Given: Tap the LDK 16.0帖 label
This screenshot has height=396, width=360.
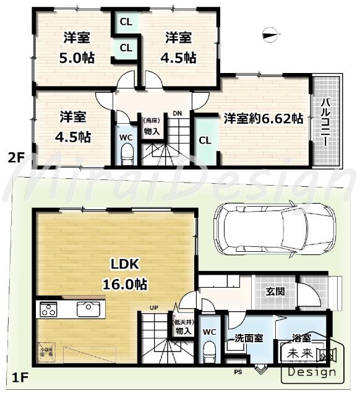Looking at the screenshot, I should tap(128, 275).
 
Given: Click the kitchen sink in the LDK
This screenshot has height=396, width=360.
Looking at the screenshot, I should tap(87, 309).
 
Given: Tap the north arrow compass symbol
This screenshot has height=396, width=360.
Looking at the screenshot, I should tap(268, 35).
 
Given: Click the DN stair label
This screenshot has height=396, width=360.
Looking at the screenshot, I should tap(177, 113).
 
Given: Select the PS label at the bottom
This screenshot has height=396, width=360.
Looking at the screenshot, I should tap(237, 372).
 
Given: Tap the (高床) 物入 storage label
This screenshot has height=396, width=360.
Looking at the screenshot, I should tap(152, 127).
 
